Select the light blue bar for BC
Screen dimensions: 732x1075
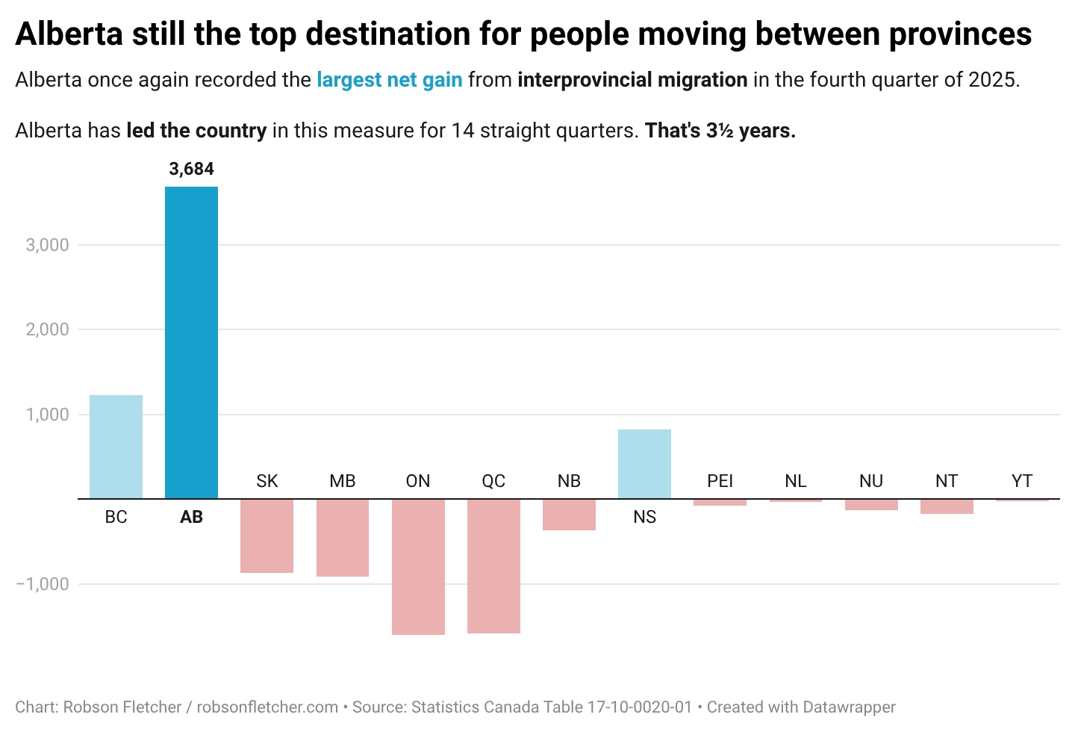116,447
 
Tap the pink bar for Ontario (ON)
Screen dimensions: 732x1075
418,566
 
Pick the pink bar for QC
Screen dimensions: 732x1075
493,565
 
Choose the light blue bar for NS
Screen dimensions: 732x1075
644,464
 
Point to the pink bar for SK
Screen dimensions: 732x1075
267,536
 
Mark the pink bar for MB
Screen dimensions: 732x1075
343,537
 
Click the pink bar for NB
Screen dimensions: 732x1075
569,515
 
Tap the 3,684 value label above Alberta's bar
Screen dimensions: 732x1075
191,170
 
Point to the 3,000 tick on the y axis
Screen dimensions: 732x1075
48,245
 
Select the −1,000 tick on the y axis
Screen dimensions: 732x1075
43,584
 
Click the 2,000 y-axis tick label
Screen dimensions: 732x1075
48,329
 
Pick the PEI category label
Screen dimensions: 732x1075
720,481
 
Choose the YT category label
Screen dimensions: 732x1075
1021,481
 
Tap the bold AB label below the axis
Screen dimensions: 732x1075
191,517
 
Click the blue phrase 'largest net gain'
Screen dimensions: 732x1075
389,80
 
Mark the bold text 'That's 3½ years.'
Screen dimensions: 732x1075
720,131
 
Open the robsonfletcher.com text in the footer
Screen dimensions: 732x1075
267,707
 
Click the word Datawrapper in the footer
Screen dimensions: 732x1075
849,707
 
